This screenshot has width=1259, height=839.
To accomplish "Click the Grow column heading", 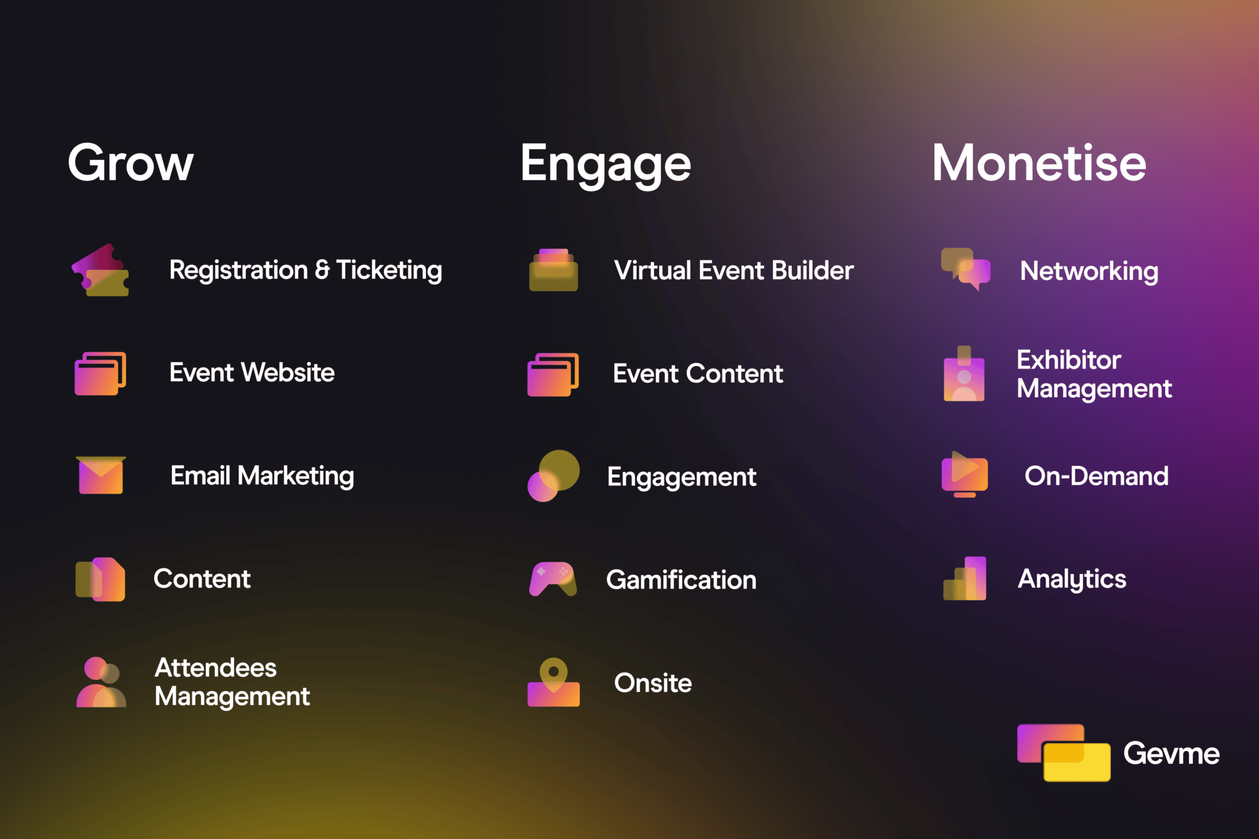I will pos(130,163).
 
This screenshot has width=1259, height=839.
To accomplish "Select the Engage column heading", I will pos(606,164).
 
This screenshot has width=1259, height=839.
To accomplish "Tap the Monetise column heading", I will pos(1039,163).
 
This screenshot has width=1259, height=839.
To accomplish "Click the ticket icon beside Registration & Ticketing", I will pos(101,270).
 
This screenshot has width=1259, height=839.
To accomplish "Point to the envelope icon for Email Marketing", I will pos(101,475).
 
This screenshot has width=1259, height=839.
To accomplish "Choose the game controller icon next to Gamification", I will pos(553,578).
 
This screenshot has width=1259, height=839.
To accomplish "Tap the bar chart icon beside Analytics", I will pos(965,578).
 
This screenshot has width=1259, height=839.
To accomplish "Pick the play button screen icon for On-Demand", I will pos(965,475).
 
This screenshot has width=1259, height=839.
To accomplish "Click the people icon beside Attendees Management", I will pos(101,682).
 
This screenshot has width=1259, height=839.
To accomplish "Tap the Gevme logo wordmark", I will pos(1171,754).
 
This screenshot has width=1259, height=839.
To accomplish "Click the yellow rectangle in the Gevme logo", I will pos(1077,762).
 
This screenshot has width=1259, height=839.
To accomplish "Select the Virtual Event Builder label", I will pos(733,270).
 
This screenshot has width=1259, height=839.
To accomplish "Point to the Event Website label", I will pos(252,372).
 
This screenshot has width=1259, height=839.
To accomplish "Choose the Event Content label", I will pos(698,374).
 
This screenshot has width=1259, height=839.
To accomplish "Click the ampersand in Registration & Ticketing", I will pos(322,270).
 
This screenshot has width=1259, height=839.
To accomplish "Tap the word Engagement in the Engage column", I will pos(682,477).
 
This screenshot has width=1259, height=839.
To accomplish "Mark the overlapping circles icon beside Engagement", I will pos(553,476).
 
